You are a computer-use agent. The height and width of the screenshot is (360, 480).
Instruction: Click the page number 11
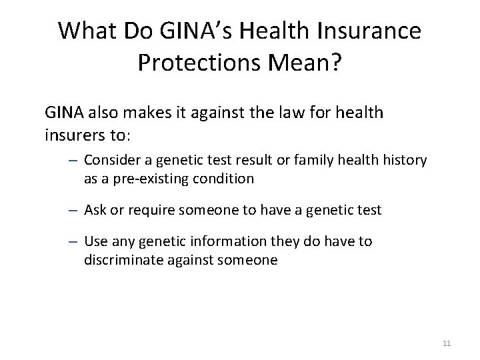[447, 344]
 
